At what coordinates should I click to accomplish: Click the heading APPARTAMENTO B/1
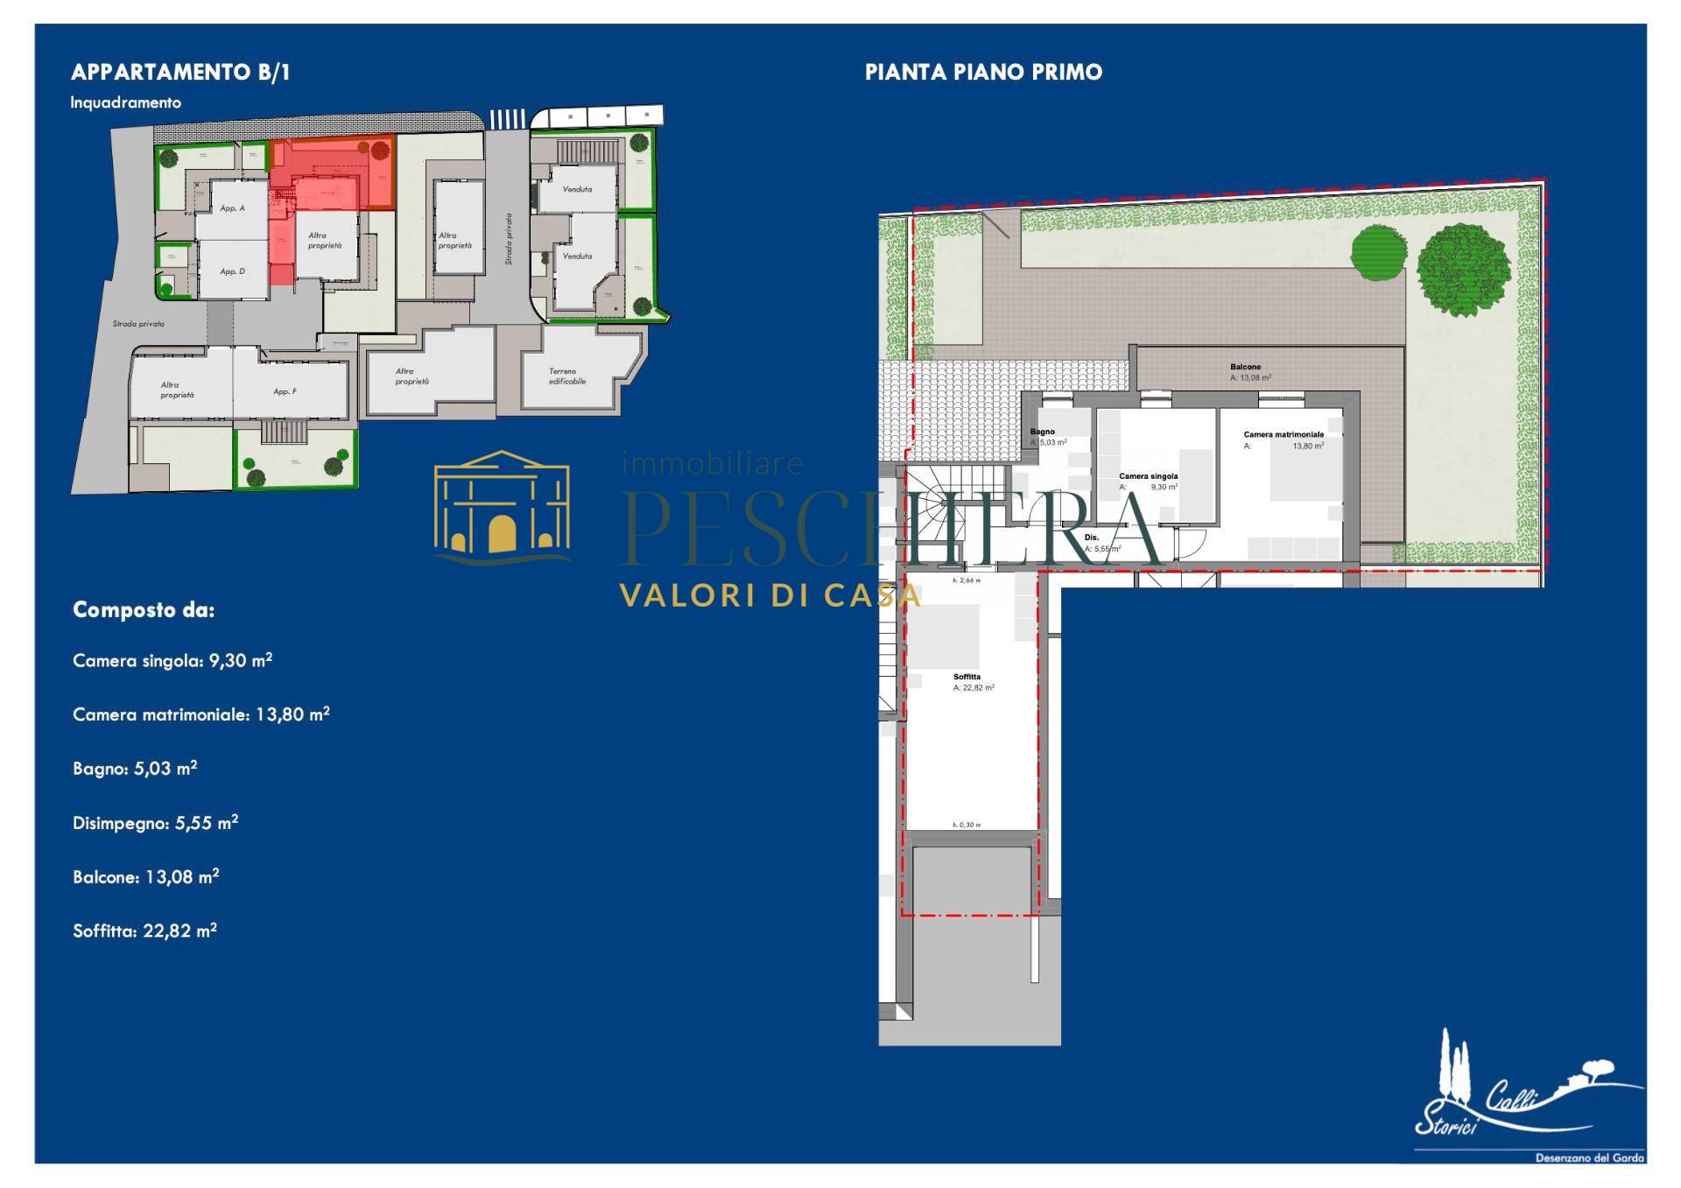[x=180, y=73]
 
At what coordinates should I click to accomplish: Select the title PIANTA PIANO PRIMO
[x=983, y=73]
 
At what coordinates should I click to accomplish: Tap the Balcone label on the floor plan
[x=1245, y=368]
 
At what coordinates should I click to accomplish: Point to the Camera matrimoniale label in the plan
[x=1284, y=435]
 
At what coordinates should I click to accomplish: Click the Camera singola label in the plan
[x=1148, y=477]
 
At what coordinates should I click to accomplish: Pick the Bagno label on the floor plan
[x=1042, y=432]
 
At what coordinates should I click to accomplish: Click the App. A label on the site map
[x=232, y=208]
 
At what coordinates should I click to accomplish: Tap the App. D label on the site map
[x=232, y=271]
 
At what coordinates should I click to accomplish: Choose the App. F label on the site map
[x=285, y=391]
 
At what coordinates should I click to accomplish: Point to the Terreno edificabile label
[x=566, y=376]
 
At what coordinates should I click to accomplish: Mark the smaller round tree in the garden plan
[x=1378, y=252]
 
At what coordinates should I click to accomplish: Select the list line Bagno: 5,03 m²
[x=135, y=769]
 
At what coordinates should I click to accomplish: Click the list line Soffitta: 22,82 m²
[x=144, y=931]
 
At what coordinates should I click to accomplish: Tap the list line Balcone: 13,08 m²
[x=145, y=876]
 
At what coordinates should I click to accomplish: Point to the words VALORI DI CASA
[x=770, y=596]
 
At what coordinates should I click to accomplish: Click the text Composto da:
[x=144, y=610]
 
